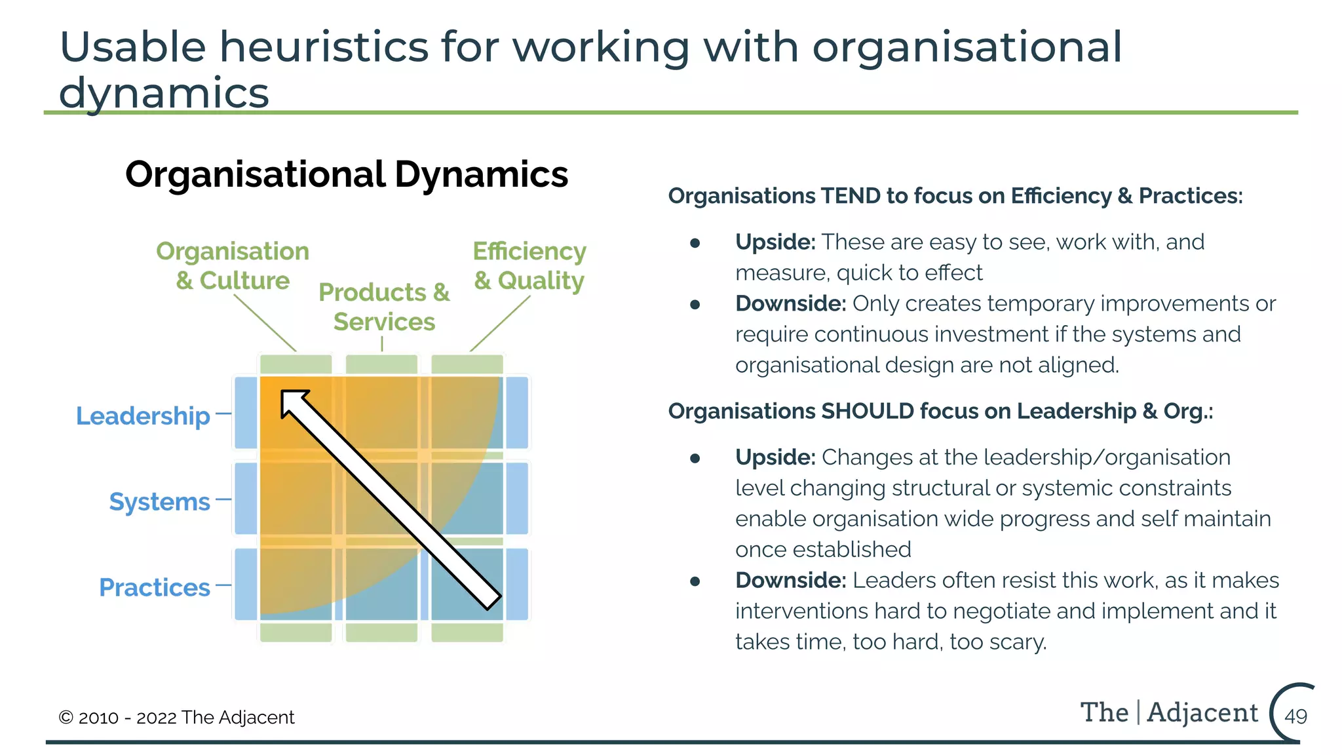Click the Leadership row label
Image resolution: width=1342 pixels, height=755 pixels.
click(x=143, y=416)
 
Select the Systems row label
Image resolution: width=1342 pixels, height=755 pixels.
click(x=159, y=501)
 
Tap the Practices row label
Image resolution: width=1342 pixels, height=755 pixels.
click(x=155, y=587)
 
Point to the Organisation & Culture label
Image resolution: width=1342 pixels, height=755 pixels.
click(x=233, y=265)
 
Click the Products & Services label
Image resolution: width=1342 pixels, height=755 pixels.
click(x=384, y=307)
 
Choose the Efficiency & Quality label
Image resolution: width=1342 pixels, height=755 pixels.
click(x=529, y=265)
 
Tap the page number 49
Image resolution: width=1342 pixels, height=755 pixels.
click(x=1295, y=716)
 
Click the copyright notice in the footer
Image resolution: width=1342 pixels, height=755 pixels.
click(x=176, y=717)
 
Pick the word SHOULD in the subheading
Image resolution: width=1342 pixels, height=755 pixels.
click(x=868, y=411)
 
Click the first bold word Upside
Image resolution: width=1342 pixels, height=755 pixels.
click(x=775, y=242)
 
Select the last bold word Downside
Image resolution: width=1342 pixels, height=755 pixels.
click(x=790, y=580)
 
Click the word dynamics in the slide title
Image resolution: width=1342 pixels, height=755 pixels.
click(x=164, y=92)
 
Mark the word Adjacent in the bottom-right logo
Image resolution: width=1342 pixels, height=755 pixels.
click(x=1202, y=712)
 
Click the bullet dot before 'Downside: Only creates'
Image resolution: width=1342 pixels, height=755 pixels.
click(x=695, y=304)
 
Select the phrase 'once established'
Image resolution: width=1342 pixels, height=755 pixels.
click(x=823, y=549)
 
